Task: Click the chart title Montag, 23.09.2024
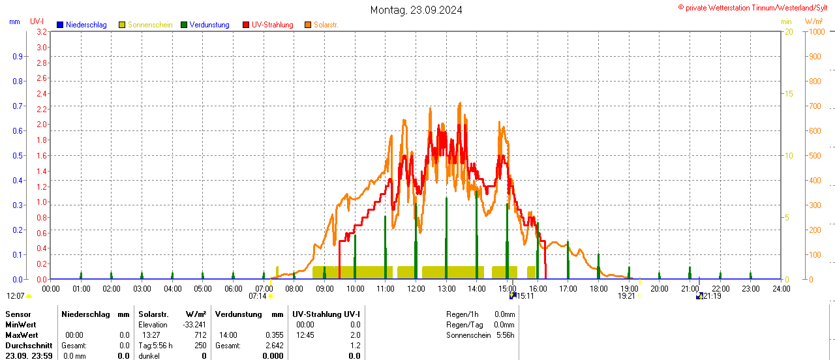(416, 10)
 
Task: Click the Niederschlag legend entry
(82, 25)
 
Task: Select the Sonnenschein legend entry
(145, 25)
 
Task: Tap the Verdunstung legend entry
(205, 25)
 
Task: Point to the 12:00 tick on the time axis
(416, 288)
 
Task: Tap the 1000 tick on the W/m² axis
(815, 32)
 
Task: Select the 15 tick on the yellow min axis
(789, 94)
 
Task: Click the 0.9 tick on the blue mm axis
(18, 57)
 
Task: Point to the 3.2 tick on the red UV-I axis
(41, 32)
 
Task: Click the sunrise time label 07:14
(258, 296)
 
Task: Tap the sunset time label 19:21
(626, 296)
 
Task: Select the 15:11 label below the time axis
(525, 296)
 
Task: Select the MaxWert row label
(20, 335)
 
